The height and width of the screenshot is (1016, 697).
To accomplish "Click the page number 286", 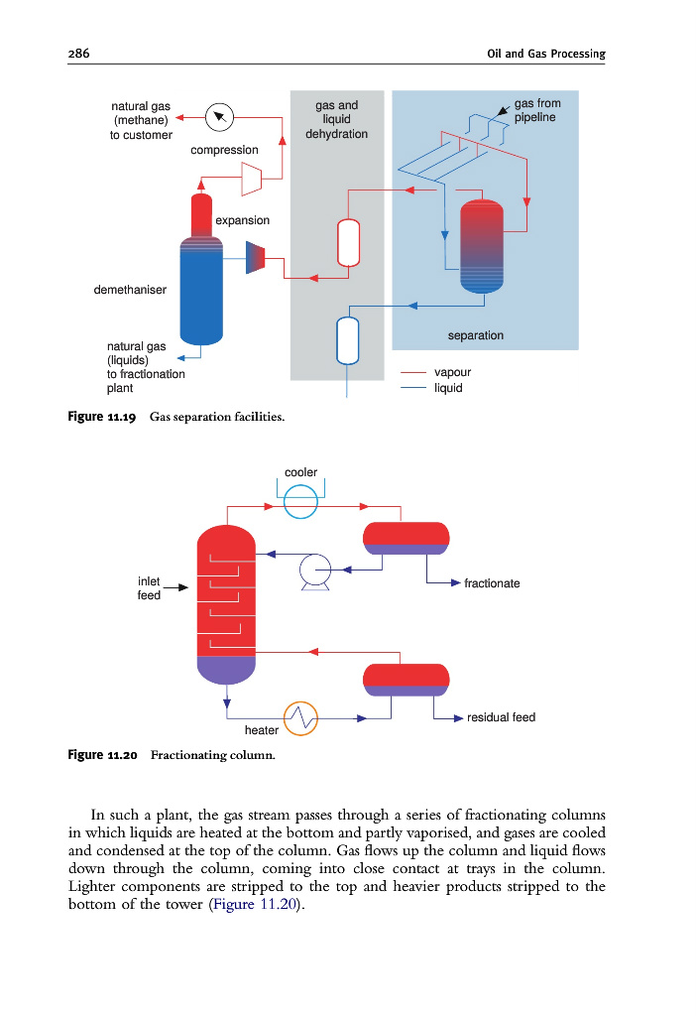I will point(79,54).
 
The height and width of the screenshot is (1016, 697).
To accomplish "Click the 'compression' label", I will point(224,150).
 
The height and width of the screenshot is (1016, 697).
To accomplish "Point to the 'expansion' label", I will point(242,220).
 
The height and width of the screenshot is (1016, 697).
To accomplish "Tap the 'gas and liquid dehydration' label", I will point(336,119).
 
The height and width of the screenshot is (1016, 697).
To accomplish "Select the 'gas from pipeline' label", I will point(536,110).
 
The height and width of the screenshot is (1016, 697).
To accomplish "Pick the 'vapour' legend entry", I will point(453,372).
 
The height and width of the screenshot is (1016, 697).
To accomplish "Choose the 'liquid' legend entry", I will point(449,388).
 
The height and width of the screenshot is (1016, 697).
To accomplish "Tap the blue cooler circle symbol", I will point(300,504).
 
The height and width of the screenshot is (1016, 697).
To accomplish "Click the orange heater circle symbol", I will point(301,718).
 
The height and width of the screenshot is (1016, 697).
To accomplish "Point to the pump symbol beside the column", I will point(315,571).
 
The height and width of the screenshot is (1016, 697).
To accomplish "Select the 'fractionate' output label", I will point(492,583).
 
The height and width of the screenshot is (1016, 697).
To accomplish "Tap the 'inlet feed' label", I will point(149,588).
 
